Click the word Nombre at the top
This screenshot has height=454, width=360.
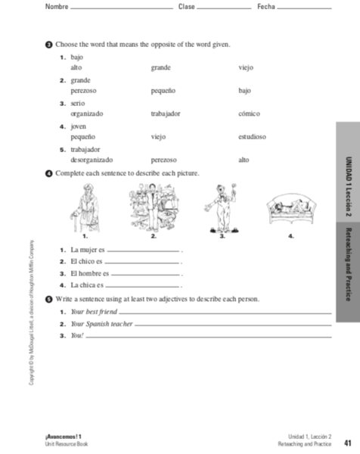click(56, 7)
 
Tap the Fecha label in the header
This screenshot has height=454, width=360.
click(266, 7)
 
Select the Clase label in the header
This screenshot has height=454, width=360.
click(186, 7)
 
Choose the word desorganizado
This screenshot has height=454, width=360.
click(92, 160)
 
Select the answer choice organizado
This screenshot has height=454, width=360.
click(87, 113)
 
